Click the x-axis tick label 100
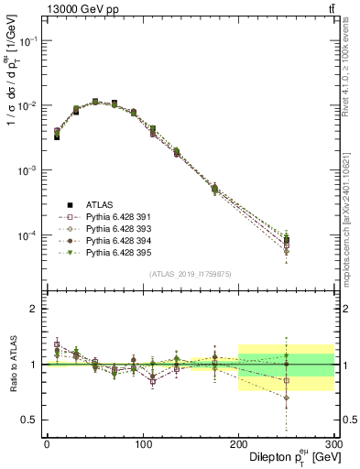coord(142,443)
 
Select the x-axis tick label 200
coord(238,443)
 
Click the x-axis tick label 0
coord(47,443)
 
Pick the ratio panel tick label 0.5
coord(29,420)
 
